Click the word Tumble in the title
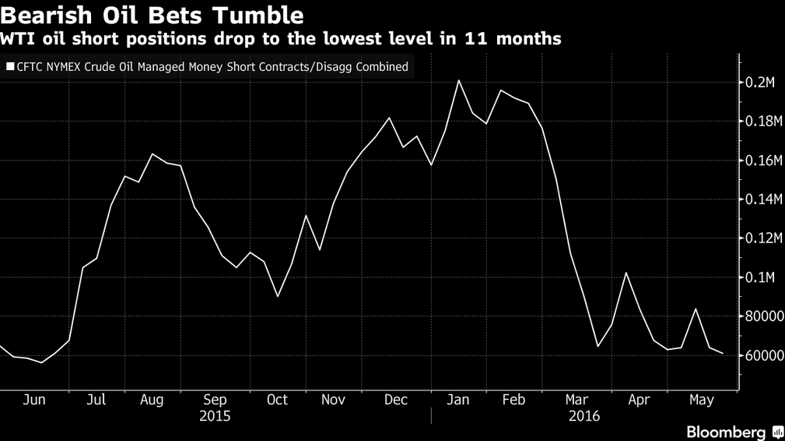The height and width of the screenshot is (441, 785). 260,15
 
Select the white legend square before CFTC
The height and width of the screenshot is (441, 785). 10,67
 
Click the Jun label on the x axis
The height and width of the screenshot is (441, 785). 34,400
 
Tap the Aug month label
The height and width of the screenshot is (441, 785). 152,400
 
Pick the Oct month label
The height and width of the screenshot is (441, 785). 277,400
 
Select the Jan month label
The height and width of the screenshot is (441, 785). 457,400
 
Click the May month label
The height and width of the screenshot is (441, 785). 702,400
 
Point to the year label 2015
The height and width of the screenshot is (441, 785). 215,416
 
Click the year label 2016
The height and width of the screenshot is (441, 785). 583,416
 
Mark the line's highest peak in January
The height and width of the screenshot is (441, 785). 459,80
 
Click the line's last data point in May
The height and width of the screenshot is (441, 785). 724,354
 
